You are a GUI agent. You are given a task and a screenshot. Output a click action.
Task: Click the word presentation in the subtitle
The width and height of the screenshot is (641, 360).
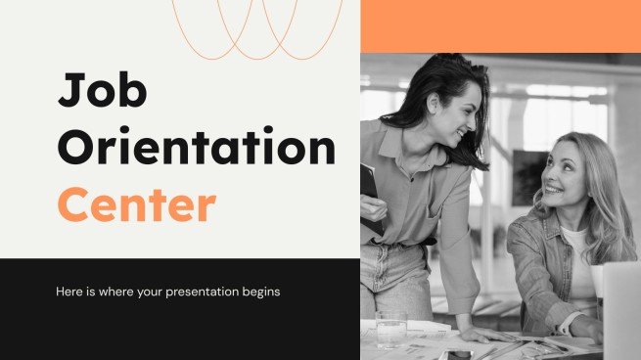(197, 292)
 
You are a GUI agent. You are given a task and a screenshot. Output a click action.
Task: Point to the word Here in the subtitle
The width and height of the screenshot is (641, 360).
(71, 292)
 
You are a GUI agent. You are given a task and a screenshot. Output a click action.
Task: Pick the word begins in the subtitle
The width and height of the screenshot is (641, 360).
(259, 292)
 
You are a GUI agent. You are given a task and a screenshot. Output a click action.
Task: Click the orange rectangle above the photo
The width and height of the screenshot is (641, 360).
(500, 25)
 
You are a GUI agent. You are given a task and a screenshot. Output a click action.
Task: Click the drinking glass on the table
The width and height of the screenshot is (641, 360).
(390, 329)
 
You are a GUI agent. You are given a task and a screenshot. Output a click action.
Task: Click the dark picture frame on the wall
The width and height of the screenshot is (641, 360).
(529, 176)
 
